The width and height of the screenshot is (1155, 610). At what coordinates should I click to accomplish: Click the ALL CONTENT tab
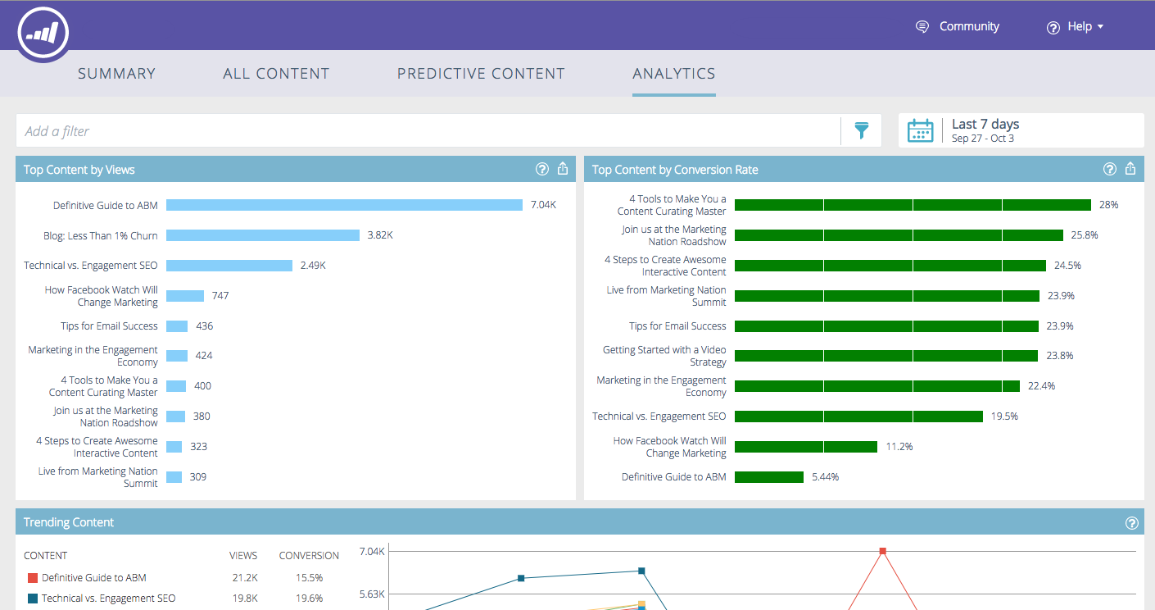coord(276,74)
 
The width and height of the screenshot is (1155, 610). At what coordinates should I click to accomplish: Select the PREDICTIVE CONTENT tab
coord(481,74)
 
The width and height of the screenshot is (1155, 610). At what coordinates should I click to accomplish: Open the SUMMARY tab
coord(116,74)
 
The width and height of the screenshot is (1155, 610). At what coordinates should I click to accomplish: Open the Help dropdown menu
coord(1076,27)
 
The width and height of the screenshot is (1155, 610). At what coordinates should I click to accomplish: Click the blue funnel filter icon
coord(861,130)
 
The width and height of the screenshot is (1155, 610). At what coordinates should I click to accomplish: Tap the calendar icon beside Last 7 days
coord(921,130)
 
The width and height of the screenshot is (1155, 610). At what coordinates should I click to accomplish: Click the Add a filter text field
coord(426,131)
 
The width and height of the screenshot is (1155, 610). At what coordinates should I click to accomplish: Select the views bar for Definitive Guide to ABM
coord(344,205)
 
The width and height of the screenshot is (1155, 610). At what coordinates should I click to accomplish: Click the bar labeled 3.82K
coord(263,235)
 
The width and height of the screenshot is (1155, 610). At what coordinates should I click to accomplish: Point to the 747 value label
coord(220,296)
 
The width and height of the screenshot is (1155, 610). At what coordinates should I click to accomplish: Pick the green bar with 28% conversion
coord(913,205)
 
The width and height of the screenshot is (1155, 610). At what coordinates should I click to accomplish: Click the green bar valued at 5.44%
coord(769,477)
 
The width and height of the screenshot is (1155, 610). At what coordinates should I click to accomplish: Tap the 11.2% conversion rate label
coord(899,447)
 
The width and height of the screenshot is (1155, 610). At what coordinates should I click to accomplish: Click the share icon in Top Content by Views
coord(563,169)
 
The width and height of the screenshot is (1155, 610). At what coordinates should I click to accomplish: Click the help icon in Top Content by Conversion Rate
coord(1110,169)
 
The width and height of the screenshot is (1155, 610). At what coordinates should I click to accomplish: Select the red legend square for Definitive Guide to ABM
coord(33,578)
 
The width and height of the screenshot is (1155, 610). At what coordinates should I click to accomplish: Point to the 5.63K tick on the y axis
coord(372,594)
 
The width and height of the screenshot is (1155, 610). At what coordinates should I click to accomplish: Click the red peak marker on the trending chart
coord(883,551)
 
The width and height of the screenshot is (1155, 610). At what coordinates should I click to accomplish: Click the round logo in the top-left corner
coord(43,33)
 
